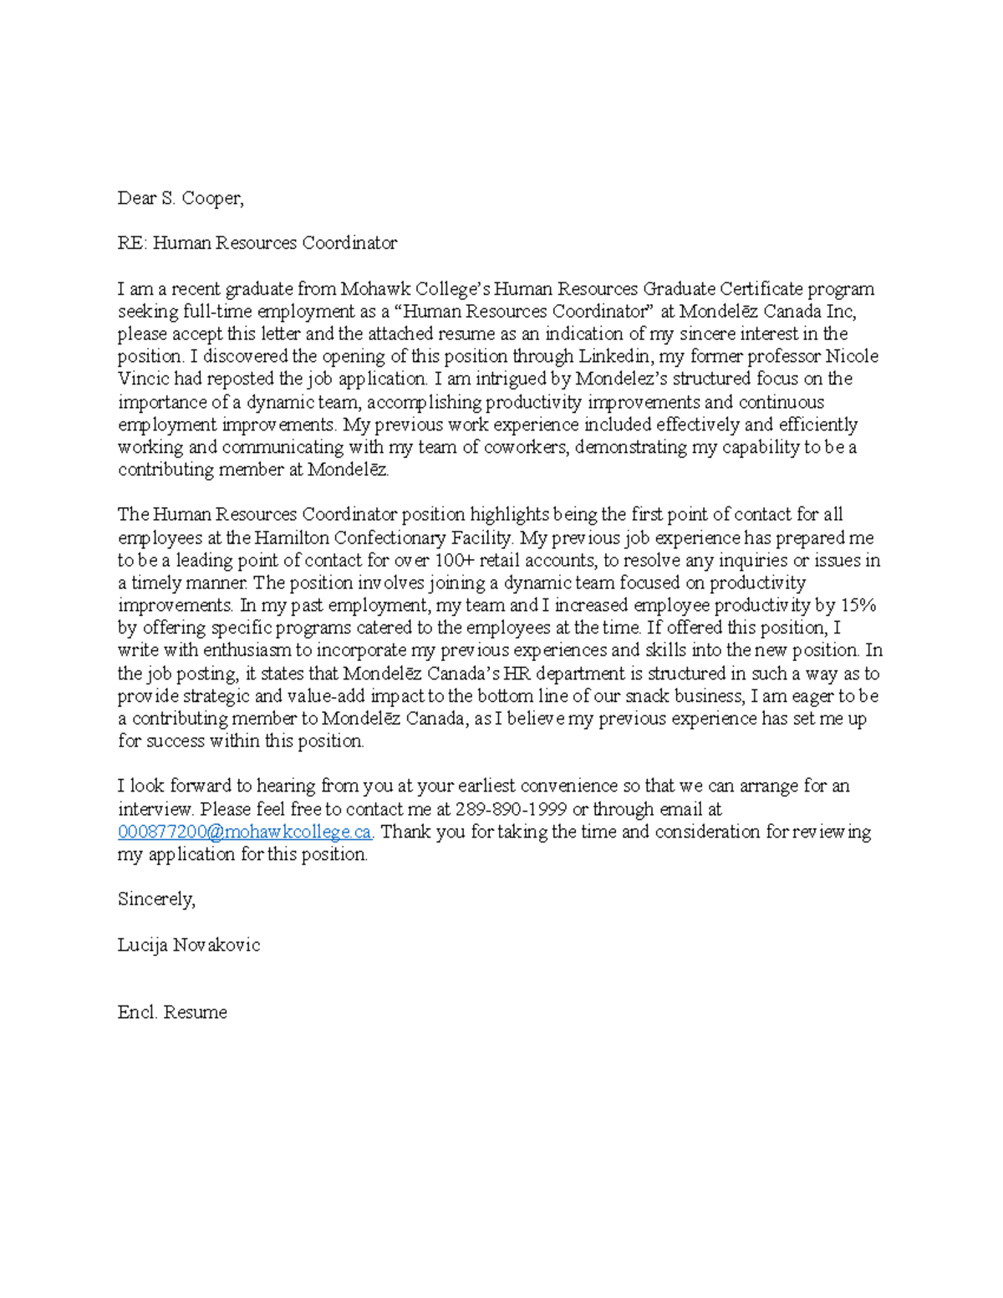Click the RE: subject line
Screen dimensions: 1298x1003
[257, 243]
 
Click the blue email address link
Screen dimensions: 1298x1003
[244, 832]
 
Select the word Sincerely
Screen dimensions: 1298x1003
[156, 899]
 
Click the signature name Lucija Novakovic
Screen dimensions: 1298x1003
[189, 945]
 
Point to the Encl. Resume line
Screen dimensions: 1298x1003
[172, 1012]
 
